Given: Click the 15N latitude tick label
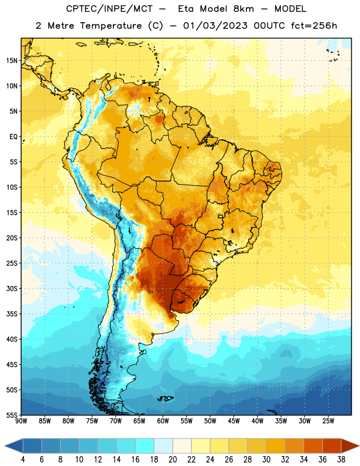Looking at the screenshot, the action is (12, 61).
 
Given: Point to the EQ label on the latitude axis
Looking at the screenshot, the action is (13, 137).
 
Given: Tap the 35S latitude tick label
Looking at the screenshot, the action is (12, 314).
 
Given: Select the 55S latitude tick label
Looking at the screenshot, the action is (12, 415).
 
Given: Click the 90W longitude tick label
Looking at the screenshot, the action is (21, 421).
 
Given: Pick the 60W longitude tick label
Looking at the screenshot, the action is (163, 421).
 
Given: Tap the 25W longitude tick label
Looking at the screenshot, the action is (328, 421).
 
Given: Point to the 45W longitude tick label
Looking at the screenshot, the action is (234, 421).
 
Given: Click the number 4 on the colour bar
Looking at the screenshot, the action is (23, 460).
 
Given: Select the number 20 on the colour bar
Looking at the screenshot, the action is (172, 460).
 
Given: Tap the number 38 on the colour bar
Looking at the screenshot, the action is (341, 460).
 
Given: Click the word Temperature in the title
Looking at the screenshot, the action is (111, 26).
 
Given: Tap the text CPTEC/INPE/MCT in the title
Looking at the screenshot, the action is (110, 9).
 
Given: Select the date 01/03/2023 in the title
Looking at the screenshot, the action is (215, 26).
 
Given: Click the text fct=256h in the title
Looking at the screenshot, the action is (314, 26).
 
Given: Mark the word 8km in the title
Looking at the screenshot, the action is (243, 9).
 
